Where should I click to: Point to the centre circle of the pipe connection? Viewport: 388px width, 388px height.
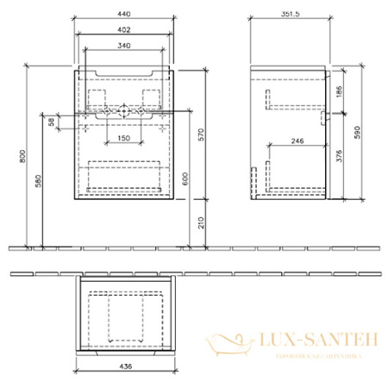click(124, 111)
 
